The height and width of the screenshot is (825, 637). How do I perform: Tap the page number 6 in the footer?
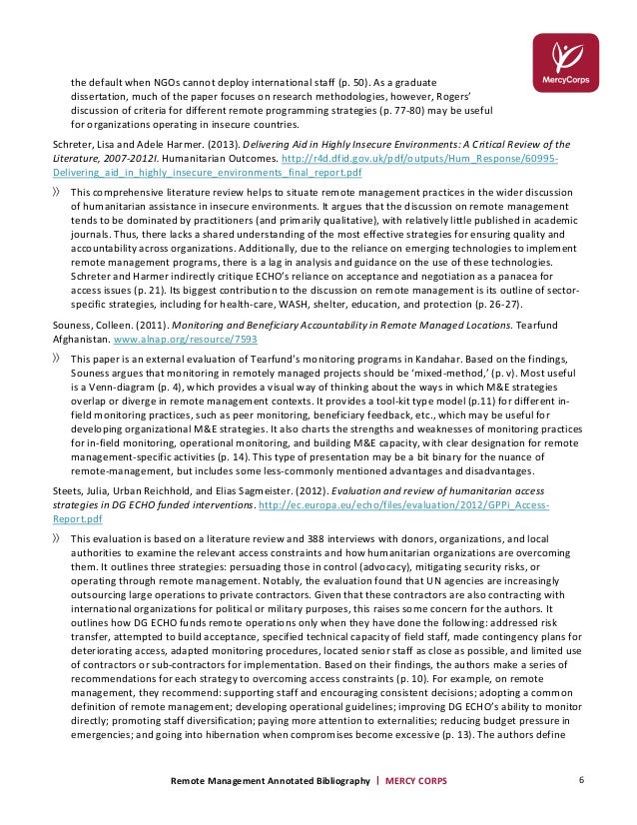tap(581, 779)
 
